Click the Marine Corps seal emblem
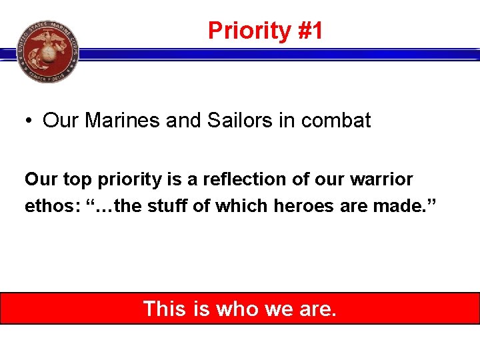47,51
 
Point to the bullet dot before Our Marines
29,121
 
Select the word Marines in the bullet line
121,121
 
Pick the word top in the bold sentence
76,179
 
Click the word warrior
383,179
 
